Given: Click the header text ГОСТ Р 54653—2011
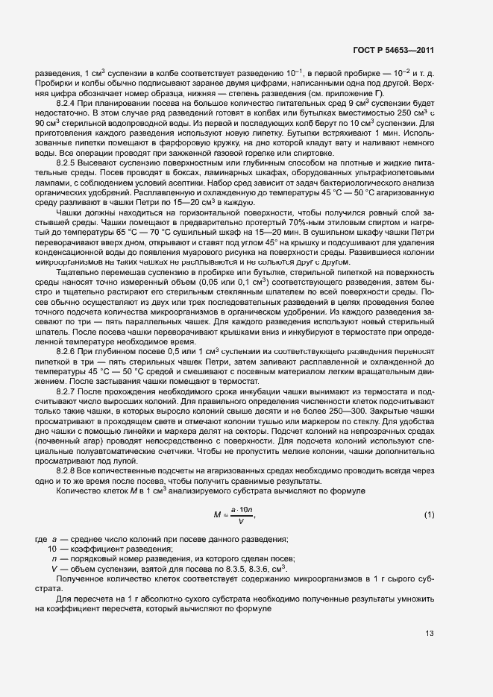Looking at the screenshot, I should [x=394, y=51].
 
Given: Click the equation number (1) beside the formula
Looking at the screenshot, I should [x=429, y=515].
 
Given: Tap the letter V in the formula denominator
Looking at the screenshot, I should [x=241, y=522].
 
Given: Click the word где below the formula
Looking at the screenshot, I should [x=41, y=540].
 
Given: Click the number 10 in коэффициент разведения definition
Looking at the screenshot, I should [x=54, y=549].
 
